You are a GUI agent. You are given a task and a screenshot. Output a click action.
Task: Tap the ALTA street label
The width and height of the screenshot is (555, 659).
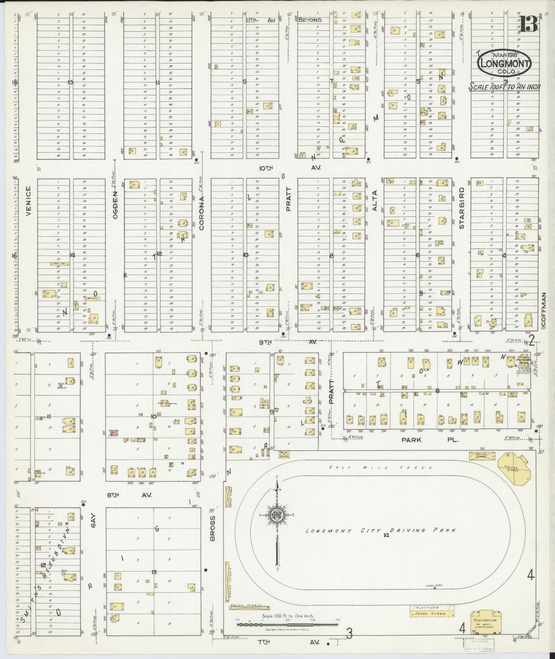(x=374, y=201)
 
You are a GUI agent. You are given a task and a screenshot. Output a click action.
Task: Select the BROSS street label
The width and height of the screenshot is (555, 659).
(x=213, y=528)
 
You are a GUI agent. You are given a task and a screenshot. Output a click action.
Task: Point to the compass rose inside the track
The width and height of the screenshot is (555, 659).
(x=277, y=515)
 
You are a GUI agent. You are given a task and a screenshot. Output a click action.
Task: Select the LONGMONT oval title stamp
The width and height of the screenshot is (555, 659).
(x=505, y=63)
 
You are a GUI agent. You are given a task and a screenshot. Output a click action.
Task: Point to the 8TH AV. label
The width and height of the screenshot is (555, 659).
(x=124, y=495)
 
